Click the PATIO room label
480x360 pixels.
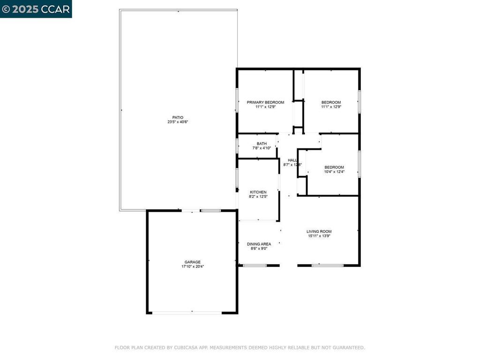tap(178, 117)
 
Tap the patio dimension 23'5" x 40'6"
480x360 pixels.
tap(178, 122)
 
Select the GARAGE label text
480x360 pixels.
tap(192, 262)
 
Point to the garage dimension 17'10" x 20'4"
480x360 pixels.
tap(192, 267)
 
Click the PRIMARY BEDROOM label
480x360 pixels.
tap(265, 102)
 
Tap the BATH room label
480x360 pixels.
tap(262, 143)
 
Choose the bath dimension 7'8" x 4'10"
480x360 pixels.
tap(262, 148)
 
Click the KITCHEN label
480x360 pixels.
tap(258, 192)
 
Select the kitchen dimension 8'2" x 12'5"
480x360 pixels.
tap(258, 197)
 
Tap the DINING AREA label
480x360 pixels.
tap(259, 244)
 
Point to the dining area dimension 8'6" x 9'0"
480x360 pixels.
tap(259, 248)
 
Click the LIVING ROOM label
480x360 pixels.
tap(319, 231)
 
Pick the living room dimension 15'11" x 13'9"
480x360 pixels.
tap(319, 236)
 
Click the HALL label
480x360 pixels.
tap(292, 160)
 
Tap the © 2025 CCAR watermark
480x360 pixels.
tap(36, 9)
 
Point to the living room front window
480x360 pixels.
tap(328, 266)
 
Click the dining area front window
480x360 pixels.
tap(255, 266)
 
